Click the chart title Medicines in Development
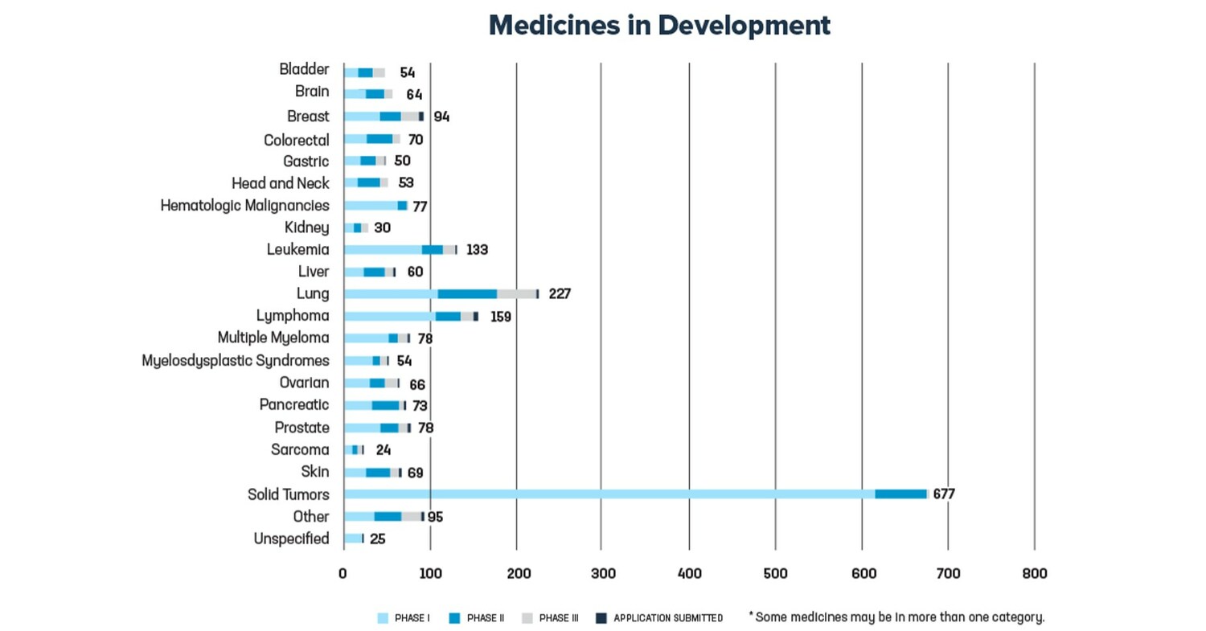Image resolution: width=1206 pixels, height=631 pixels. (x=659, y=26)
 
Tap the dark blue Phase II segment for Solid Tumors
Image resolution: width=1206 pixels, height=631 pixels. (x=900, y=494)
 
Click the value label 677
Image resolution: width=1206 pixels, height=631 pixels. (x=944, y=494)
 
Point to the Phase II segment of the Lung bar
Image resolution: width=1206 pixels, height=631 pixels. (x=467, y=294)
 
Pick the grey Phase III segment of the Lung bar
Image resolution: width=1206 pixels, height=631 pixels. (x=516, y=294)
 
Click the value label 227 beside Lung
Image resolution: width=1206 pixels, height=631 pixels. (x=560, y=294)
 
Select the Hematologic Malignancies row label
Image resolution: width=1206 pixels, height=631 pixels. (x=244, y=206)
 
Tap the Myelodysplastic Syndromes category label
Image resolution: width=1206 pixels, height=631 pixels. (x=236, y=361)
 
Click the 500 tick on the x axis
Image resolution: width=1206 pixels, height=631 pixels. (x=775, y=574)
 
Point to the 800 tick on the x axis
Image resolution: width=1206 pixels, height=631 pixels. (x=1035, y=574)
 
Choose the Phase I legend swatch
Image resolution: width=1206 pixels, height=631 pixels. (x=383, y=618)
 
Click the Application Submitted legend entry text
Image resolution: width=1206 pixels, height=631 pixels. (x=668, y=618)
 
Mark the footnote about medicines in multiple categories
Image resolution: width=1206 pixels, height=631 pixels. (x=896, y=617)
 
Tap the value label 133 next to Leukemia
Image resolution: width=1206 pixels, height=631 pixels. (x=477, y=250)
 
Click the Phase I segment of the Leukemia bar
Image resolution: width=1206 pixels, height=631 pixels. (x=383, y=250)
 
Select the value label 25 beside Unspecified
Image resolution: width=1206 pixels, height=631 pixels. (x=378, y=539)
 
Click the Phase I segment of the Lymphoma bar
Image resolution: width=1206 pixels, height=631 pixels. (x=389, y=317)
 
